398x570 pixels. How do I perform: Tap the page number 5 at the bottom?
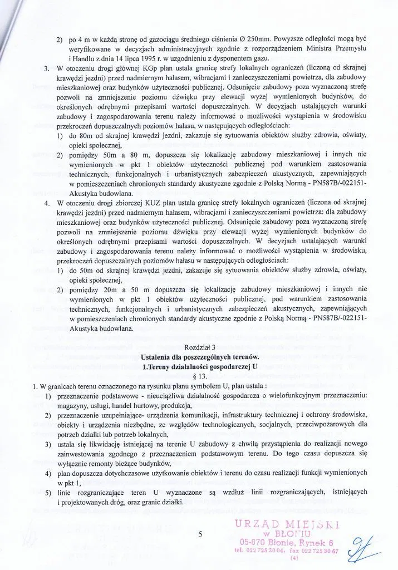(199, 535)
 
